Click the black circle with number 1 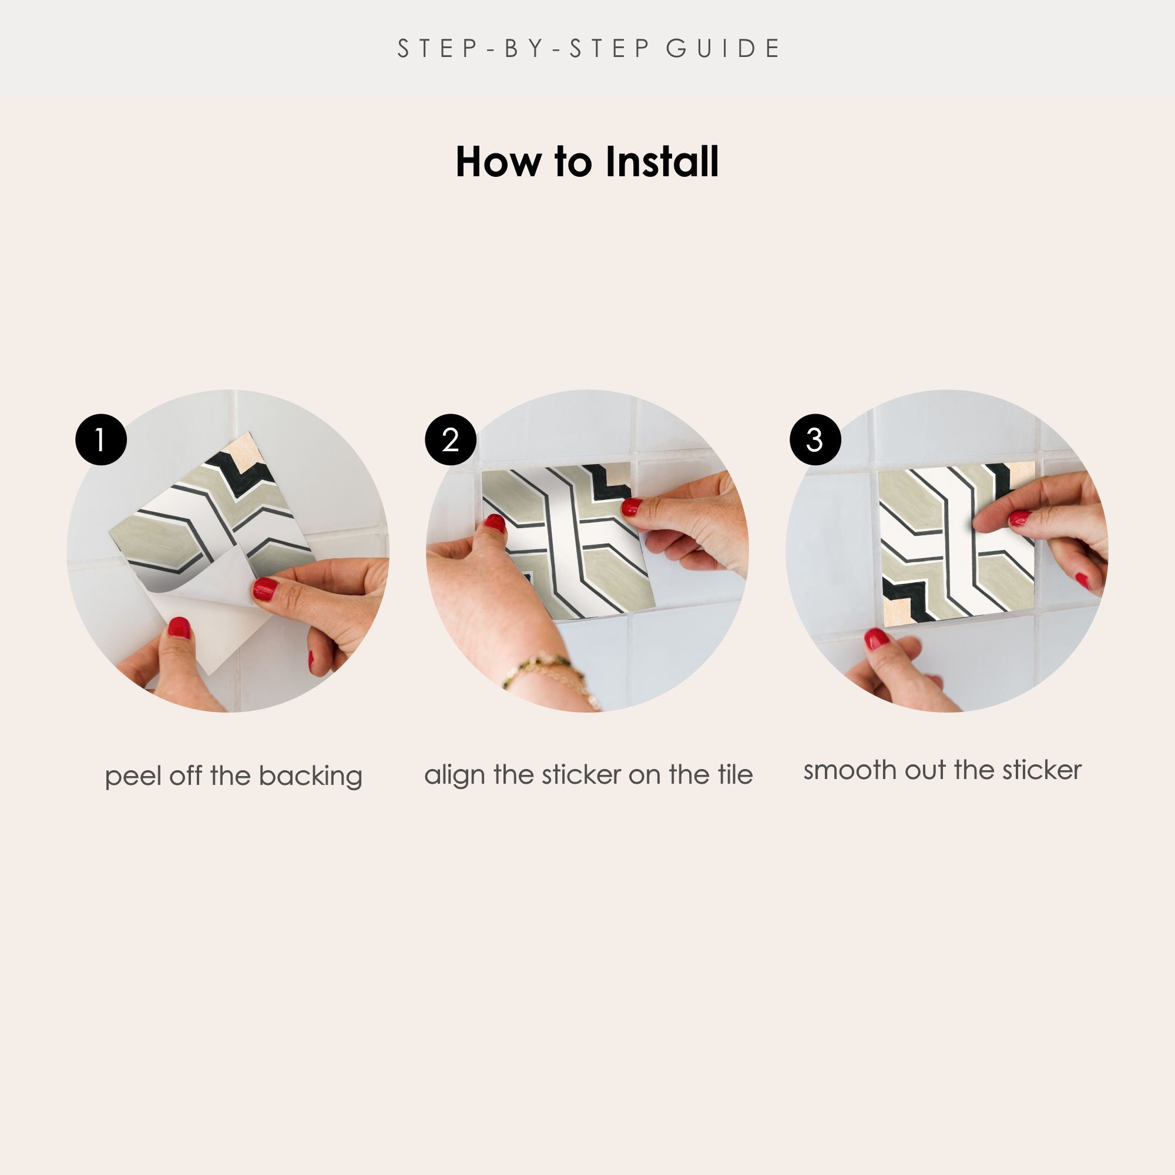point(101,439)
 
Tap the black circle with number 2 point(451,439)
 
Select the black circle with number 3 point(815,439)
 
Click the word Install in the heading point(662,162)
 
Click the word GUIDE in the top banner point(723,49)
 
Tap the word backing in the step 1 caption point(310,777)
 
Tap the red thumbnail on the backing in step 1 point(179,627)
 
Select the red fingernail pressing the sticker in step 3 point(1020,518)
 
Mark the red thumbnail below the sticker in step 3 point(877,639)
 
